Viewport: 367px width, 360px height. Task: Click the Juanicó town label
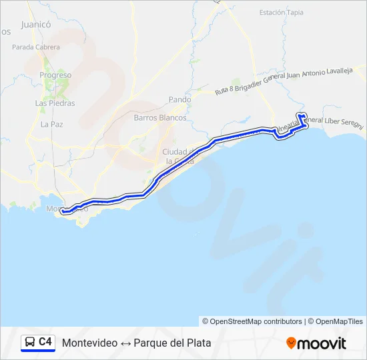(36, 25)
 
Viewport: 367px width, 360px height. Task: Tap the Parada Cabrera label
(36, 47)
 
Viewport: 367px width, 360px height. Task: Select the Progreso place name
(55, 75)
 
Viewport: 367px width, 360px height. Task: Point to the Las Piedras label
(55, 103)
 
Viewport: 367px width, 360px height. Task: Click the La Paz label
(51, 124)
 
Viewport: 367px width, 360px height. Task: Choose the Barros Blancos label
(160, 117)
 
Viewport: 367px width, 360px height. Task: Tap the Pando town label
(179, 99)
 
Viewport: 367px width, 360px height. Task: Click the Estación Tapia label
(282, 12)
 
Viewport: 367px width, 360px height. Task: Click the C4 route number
(45, 342)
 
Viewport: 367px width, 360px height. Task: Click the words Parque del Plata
(172, 343)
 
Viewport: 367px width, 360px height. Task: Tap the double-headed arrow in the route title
(125, 343)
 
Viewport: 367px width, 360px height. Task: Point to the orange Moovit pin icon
(291, 343)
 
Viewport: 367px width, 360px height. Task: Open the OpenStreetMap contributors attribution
(256, 321)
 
